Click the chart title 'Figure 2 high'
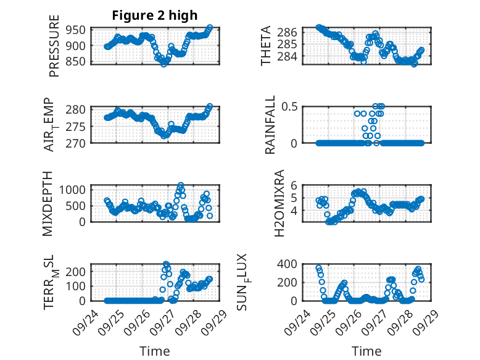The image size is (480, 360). [x=154, y=15]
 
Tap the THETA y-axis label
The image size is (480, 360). [x=266, y=46]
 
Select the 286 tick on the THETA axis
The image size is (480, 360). [x=291, y=31]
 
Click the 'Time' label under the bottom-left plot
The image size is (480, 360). [x=154, y=351]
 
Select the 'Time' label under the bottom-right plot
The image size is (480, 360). [x=366, y=351]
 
